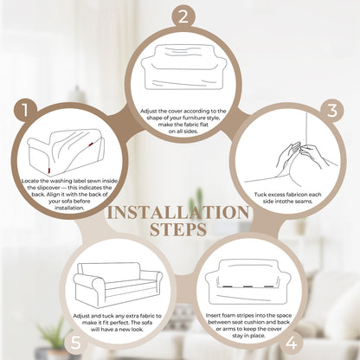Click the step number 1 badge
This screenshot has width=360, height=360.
[25, 110]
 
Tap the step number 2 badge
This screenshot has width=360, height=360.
[183, 16]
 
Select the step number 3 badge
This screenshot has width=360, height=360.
[332, 110]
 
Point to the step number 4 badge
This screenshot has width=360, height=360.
[291, 344]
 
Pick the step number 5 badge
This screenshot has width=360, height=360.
[75, 344]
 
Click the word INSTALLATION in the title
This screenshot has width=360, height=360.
[178, 213]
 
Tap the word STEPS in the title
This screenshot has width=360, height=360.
[178, 229]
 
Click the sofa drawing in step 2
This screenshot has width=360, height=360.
[183, 67]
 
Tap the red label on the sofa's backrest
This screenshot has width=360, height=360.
[91, 144]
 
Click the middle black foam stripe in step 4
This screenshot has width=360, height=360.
[248, 286]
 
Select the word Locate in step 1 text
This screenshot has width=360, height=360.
[30, 181]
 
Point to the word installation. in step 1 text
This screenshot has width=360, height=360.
[69, 208]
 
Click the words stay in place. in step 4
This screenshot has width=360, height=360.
[248, 336]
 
